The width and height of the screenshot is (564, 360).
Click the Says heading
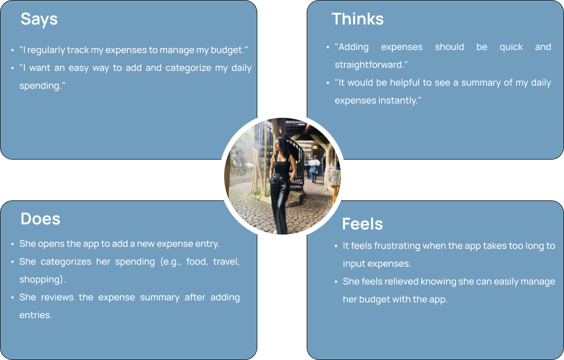click(x=39, y=19)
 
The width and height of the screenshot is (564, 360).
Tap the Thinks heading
click(x=358, y=19)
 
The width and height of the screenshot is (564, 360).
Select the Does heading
click(x=40, y=219)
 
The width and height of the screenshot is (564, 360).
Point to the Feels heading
click(x=362, y=224)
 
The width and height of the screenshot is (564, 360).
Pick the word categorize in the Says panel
click(x=188, y=68)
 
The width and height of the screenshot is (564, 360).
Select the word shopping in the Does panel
click(x=41, y=279)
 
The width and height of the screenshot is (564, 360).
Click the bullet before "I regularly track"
click(x=13, y=50)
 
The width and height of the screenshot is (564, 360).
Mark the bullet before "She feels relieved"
click(x=336, y=281)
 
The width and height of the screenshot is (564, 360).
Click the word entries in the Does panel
click(x=35, y=315)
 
